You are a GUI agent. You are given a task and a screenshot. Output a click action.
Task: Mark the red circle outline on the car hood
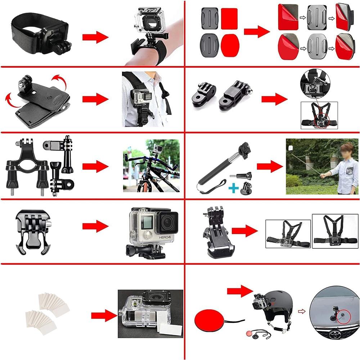click(343, 316)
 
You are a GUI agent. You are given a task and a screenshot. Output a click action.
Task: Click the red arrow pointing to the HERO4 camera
click(95, 226)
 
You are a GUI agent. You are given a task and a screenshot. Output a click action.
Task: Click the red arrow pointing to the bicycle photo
click(95, 166)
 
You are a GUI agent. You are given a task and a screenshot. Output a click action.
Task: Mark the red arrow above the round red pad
click(240, 290)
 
